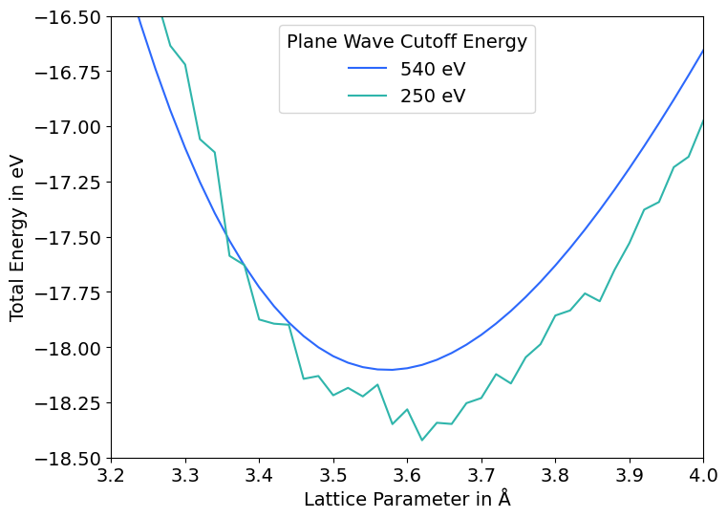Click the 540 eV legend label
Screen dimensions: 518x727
pyautogui.click(x=433, y=69)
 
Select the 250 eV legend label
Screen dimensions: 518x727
pyautogui.click(x=433, y=96)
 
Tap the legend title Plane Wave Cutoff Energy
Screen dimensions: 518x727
pyautogui.click(x=407, y=41)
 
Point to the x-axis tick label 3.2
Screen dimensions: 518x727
pyautogui.click(x=112, y=475)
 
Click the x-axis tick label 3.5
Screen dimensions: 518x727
pyautogui.click(x=333, y=475)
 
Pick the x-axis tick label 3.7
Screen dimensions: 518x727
pyautogui.click(x=481, y=475)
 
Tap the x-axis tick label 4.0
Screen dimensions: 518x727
pyautogui.click(x=703, y=475)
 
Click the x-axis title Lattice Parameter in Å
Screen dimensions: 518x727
pyautogui.click(x=407, y=499)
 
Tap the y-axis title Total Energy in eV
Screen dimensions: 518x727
pyautogui.click(x=18, y=238)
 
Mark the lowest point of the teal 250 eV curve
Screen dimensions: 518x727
pyautogui.click(x=422, y=440)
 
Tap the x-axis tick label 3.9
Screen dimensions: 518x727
pyautogui.click(x=630, y=475)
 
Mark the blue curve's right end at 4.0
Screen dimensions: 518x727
pyautogui.click(x=703, y=50)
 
